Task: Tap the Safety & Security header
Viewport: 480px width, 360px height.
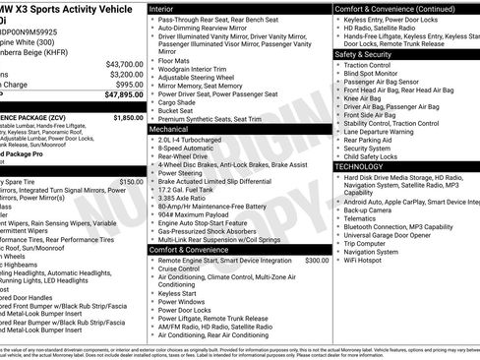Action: [x=365, y=54]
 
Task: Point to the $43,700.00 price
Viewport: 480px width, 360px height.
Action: [x=126, y=64]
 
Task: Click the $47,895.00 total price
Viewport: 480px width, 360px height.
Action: [x=124, y=96]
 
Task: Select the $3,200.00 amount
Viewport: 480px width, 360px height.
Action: [x=128, y=74]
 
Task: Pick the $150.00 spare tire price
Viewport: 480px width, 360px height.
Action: [x=131, y=182]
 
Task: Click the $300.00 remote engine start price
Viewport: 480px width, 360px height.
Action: [x=317, y=261]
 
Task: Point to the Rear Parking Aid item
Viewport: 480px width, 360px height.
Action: [x=375, y=140]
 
